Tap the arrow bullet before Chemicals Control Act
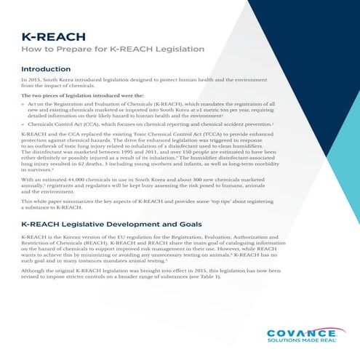click(25, 124)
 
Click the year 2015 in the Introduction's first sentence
click(36, 79)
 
